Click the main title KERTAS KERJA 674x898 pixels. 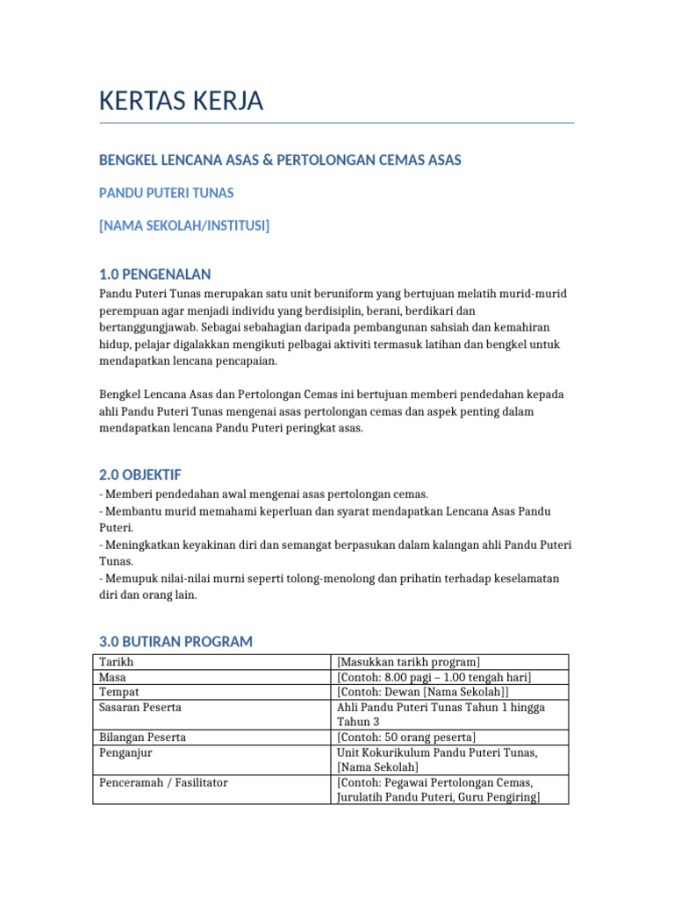(181, 102)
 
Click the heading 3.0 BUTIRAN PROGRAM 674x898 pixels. (176, 642)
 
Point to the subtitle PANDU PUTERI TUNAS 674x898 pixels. (166, 193)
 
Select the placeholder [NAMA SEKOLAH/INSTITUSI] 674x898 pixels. (184, 226)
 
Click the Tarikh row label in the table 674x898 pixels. (117, 662)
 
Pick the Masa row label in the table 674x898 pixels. (113, 677)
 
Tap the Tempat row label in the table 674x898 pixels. (118, 692)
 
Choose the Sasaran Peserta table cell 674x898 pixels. (140, 707)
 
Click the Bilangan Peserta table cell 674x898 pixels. (142, 737)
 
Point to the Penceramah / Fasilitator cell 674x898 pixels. (163, 782)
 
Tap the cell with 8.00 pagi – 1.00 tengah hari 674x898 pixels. (434, 677)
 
